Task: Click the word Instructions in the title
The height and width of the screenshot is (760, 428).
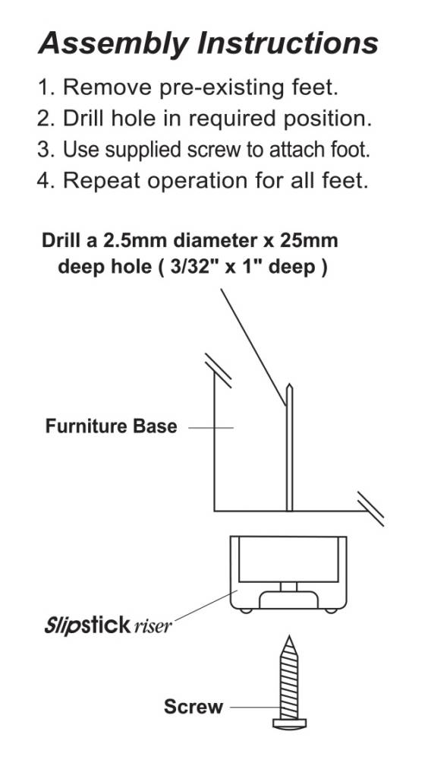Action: (288, 43)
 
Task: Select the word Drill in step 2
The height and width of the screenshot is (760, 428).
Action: (86, 119)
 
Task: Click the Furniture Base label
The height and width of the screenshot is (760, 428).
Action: (111, 426)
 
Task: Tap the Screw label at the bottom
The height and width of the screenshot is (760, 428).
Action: (194, 707)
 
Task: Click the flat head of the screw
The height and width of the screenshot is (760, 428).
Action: (290, 724)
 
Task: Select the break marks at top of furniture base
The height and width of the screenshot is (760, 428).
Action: (218, 370)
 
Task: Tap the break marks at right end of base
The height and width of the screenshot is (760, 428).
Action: (371, 509)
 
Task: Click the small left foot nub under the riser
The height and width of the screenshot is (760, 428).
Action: (245, 611)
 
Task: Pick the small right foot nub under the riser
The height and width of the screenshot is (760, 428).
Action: (331, 611)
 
